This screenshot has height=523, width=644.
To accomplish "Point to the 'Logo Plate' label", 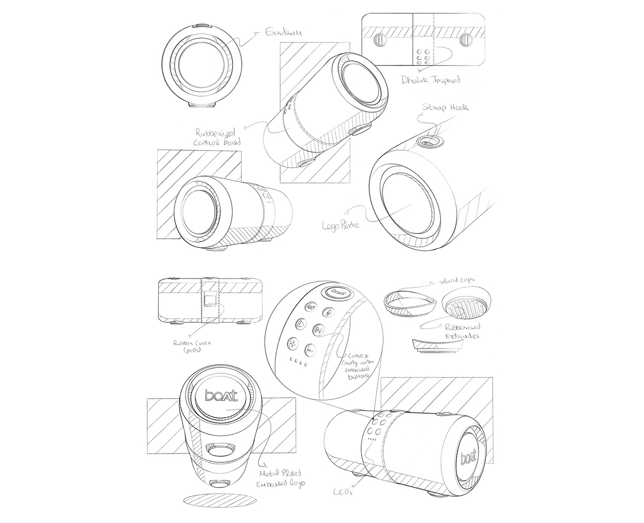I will point(341,225).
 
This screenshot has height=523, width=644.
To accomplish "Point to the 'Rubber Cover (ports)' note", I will point(187,346).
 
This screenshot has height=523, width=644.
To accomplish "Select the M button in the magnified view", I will point(318,329).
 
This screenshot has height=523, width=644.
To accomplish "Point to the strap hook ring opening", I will point(429,142).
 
